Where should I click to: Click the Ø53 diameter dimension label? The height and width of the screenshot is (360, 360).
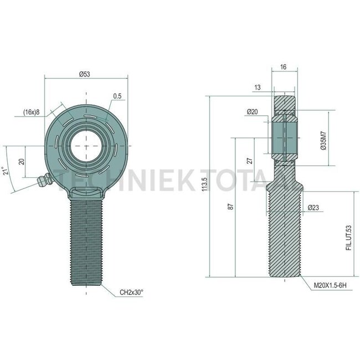[x=85, y=74]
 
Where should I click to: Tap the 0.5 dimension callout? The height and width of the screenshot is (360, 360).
[x=117, y=96]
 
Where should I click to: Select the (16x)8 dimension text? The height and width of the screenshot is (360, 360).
[x=32, y=112]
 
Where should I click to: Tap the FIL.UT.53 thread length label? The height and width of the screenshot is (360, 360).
[x=348, y=237]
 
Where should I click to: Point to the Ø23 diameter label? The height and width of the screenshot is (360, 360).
[x=313, y=208]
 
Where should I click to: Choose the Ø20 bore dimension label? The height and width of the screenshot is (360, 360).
[x=252, y=112]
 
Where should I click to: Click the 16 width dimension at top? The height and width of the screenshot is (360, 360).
[x=283, y=66]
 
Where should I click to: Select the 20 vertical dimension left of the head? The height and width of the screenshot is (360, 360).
[x=22, y=161]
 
